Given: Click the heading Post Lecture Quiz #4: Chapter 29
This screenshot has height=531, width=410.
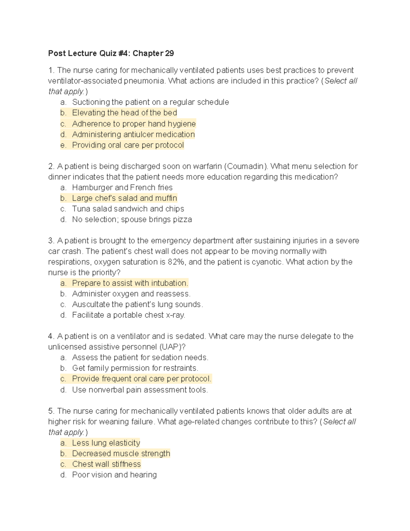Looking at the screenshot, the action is click(111, 53).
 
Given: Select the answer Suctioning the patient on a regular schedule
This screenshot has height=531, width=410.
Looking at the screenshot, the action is click(150, 102).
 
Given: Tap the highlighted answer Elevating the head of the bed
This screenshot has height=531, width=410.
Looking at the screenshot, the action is click(124, 113).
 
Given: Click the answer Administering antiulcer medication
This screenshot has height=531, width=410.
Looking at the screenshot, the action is click(133, 134).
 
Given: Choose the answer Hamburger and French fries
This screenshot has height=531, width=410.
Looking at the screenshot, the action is click(122, 188).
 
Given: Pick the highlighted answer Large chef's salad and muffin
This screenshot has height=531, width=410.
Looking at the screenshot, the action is click(124, 198).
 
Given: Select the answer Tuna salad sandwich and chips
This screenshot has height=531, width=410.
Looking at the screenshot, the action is click(128, 209).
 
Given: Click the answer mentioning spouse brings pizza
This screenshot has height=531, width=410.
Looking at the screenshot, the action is click(132, 220).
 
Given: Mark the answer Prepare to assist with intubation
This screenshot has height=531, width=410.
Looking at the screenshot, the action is click(130, 283).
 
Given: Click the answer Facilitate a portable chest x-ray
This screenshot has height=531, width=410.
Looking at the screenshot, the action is click(128, 315).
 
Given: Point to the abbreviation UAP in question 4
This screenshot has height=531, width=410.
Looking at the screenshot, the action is click(170, 347).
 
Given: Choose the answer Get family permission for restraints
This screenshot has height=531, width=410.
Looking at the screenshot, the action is click(135, 368).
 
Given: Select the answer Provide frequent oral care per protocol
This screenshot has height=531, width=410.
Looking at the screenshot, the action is click(141, 379).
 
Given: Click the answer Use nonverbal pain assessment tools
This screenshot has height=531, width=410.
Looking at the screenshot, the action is click(140, 390).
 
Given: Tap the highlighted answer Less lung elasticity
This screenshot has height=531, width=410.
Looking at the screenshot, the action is click(106, 443).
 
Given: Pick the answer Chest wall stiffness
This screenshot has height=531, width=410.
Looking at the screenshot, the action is click(106, 464).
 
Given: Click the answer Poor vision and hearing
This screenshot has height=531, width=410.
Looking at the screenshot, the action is click(114, 475).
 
